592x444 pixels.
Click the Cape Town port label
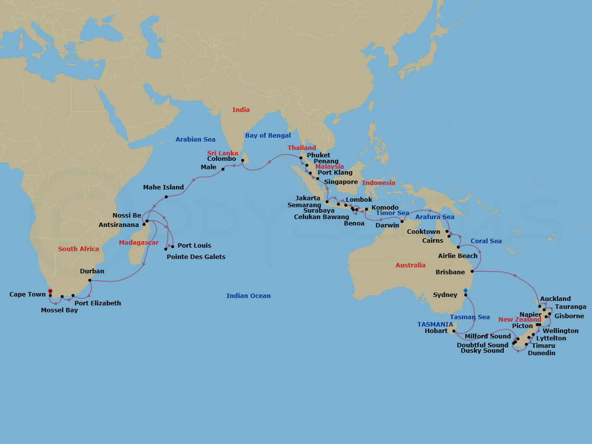(x=28, y=295)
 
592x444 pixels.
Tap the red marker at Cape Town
(x=50, y=291)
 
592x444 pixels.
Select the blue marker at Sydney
(x=466, y=291)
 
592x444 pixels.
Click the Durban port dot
(x=89, y=281)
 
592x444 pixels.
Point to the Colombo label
(x=222, y=159)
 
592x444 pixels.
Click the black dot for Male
(x=223, y=169)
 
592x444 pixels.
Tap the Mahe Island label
(x=163, y=187)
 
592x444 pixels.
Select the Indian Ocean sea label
(x=249, y=296)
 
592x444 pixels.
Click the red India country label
(x=241, y=110)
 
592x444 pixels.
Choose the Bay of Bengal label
(x=268, y=136)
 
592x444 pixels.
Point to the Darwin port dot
(x=402, y=221)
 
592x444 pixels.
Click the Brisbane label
(x=450, y=272)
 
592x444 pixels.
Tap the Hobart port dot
(x=453, y=331)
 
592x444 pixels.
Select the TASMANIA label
(x=435, y=325)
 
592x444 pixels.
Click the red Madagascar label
(x=139, y=243)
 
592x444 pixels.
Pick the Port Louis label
(x=194, y=246)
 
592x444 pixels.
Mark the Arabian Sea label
(x=195, y=140)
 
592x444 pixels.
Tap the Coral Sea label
(x=486, y=241)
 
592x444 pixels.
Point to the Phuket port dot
(x=301, y=157)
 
